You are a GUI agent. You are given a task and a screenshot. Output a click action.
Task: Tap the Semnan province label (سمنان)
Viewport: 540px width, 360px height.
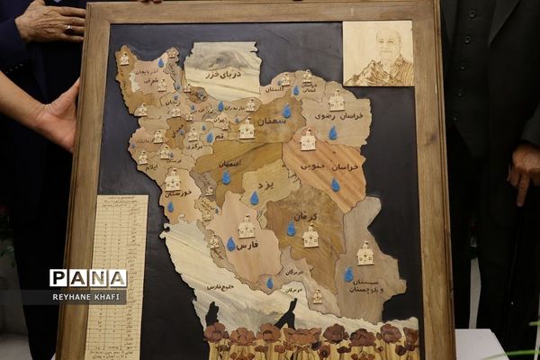(269, 120)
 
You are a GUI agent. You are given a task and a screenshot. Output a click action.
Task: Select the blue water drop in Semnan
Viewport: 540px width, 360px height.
(287, 112)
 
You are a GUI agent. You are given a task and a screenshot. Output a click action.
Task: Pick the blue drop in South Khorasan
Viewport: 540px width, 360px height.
(335, 184)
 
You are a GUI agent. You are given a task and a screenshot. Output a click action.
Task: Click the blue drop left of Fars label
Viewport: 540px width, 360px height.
(231, 244)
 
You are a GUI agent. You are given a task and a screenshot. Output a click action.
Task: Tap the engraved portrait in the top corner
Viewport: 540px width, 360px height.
(378, 54)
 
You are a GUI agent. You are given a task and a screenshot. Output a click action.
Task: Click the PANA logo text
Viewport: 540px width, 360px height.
(88, 279)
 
